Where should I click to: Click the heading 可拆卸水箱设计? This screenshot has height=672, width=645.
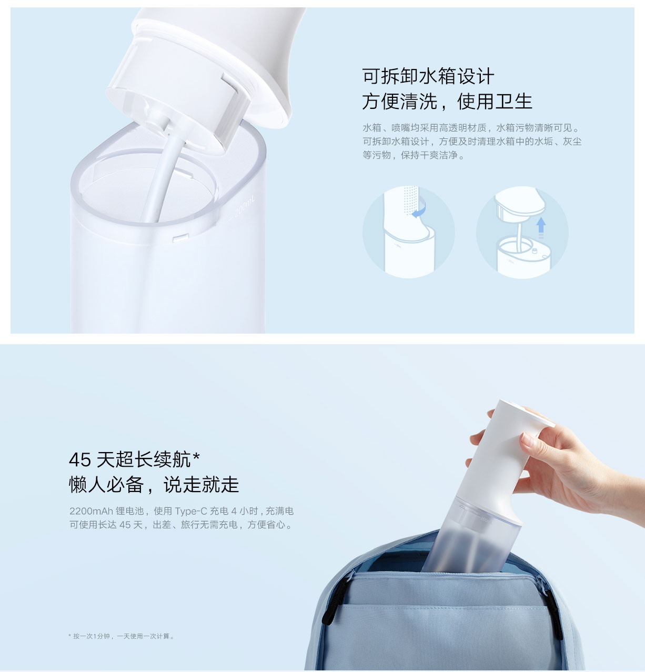(428, 76)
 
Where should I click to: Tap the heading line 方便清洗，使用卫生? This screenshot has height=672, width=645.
(447, 101)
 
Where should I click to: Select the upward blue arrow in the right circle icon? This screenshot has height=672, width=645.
(541, 226)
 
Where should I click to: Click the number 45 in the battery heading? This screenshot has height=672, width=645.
(80, 459)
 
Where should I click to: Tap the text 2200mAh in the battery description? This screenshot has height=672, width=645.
(91, 511)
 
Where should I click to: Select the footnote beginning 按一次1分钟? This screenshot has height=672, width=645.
(122, 636)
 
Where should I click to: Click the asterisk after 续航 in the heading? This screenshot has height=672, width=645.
(196, 456)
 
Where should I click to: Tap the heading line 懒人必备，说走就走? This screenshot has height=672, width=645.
(154, 485)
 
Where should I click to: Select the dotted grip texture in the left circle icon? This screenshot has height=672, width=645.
(411, 200)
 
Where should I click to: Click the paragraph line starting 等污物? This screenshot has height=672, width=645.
(414, 155)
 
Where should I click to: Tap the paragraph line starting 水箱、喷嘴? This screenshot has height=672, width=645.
(471, 128)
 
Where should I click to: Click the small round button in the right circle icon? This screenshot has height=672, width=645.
(535, 250)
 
